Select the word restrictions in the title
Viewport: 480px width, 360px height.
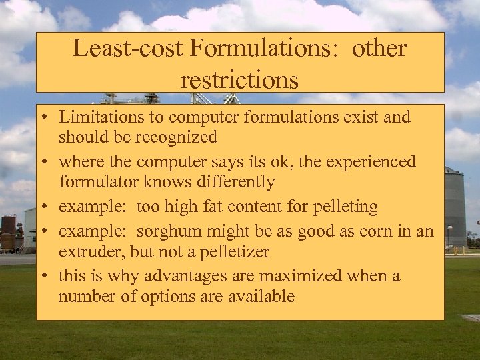(x=239, y=80)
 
